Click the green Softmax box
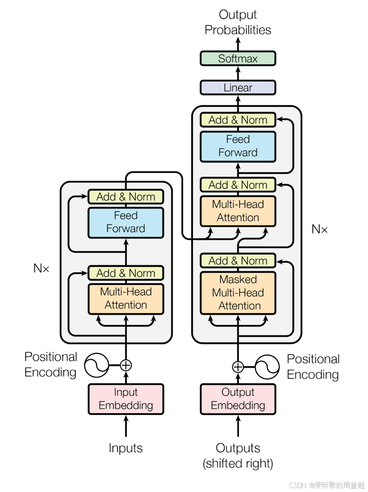coord(238,58)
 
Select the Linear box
coord(238,88)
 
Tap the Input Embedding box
coord(126,399)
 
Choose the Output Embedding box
coord(238,399)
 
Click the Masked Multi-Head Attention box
coord(238,293)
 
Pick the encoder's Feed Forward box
coord(126,223)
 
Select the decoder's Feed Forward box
coord(238,147)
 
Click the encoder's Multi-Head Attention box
coord(126,299)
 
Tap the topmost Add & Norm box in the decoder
coord(238,120)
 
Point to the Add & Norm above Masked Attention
coord(238,261)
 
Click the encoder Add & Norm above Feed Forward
coord(126,197)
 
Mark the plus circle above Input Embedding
coord(126,365)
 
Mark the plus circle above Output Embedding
coord(238,366)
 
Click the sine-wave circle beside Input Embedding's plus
coord(96,365)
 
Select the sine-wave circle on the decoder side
coord(267,366)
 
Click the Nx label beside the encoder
coord(41,268)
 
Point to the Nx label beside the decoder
coord(319,229)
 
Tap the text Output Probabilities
coord(238,22)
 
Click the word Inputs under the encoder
coord(126,448)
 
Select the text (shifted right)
coord(238,464)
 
